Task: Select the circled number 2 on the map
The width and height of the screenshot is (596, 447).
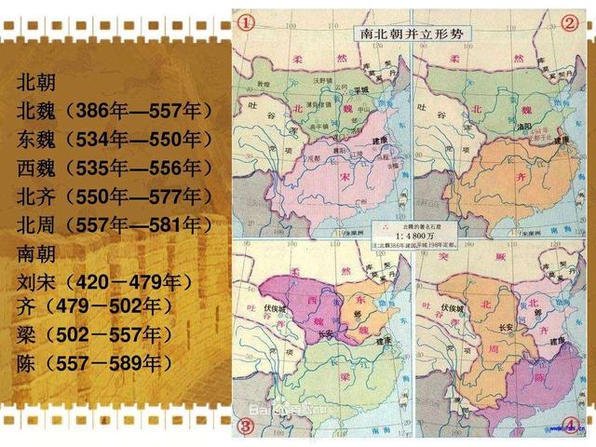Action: [x=569, y=20]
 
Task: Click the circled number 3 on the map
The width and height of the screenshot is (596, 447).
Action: [x=247, y=427]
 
